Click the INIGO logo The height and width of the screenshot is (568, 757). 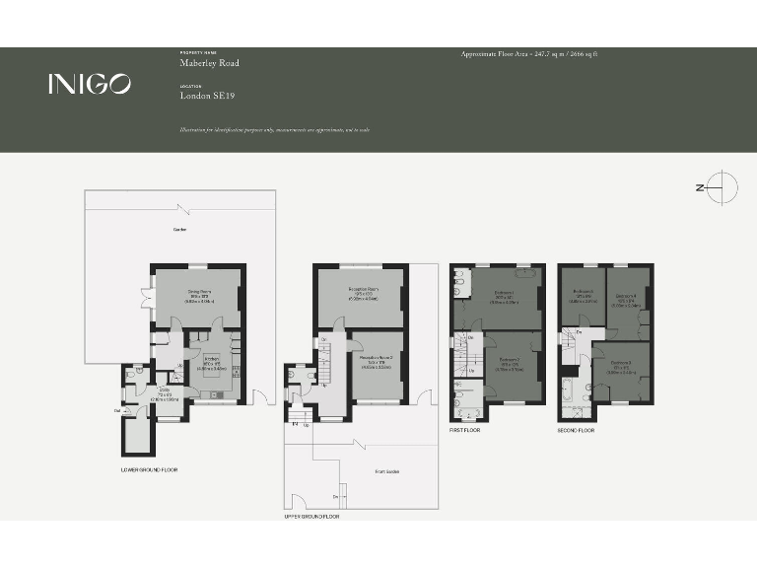(x=89, y=85)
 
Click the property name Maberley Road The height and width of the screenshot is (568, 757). (x=209, y=63)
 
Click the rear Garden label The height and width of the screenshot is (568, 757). (x=179, y=230)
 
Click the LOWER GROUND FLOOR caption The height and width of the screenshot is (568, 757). (x=148, y=469)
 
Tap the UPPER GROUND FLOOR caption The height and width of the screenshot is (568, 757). (x=311, y=516)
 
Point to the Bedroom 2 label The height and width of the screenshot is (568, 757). (x=510, y=360)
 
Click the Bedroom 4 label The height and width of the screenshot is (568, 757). (x=627, y=297)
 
